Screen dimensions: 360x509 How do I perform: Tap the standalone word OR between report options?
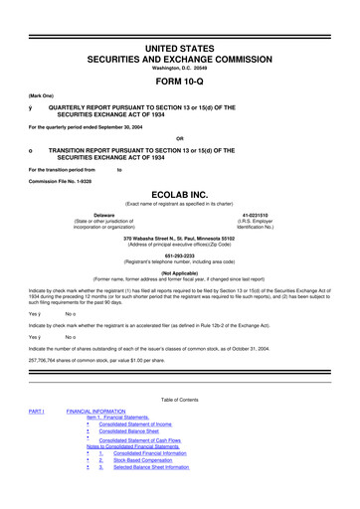coord(179,137)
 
